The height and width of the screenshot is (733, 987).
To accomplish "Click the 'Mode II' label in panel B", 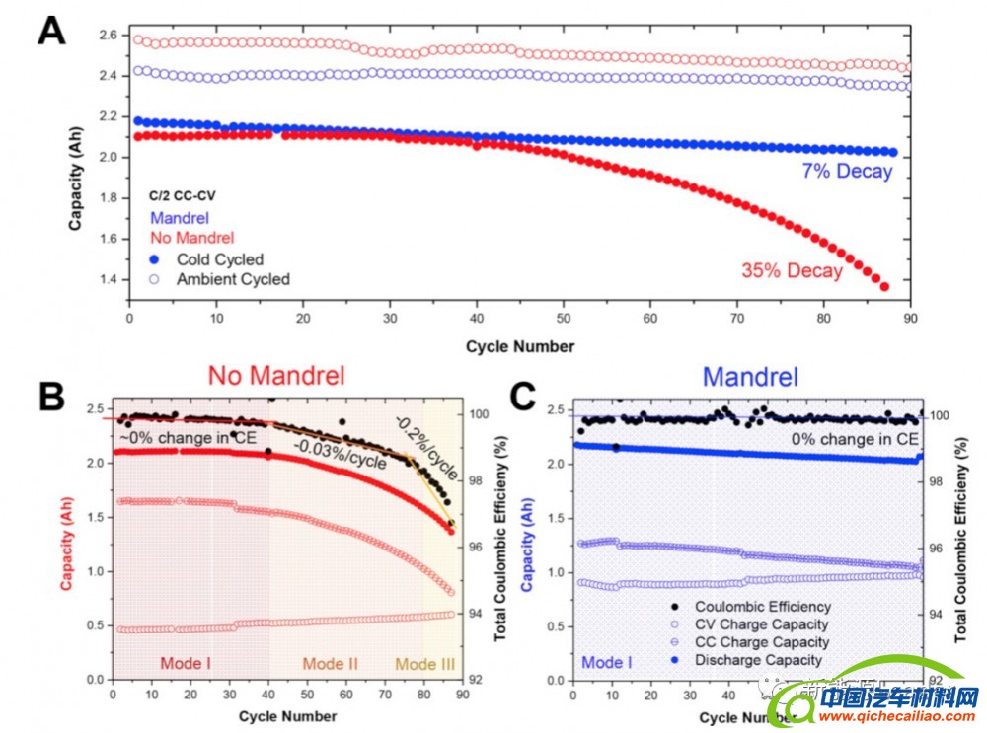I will (x=330, y=663).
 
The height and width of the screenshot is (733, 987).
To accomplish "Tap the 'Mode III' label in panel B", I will (x=424, y=663).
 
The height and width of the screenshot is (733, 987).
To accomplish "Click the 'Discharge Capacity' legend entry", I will (x=757, y=660).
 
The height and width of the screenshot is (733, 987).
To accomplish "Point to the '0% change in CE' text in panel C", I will (x=853, y=437).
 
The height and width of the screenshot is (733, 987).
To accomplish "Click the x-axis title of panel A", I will (x=520, y=346).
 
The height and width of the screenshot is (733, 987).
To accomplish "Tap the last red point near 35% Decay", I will (x=884, y=287).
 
